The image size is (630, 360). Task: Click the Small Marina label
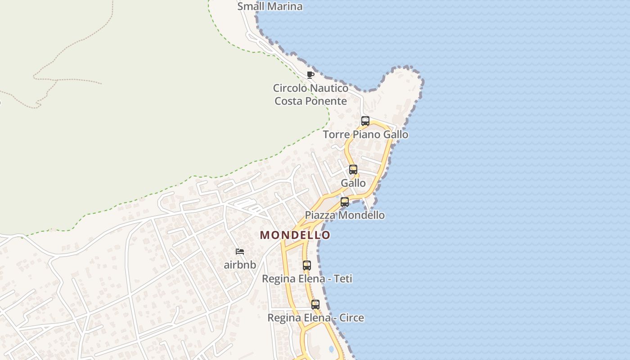pos(270,6)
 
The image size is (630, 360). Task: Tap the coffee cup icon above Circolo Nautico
pos(310,75)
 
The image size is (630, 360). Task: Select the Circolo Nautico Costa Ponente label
pos(310,94)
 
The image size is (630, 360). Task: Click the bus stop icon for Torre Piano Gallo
pos(365,121)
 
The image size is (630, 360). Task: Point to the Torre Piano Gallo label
pos(365,134)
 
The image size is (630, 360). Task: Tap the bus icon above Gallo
pos(353,170)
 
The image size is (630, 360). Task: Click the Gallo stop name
pos(353,183)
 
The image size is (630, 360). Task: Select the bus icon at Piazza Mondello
pos(345,202)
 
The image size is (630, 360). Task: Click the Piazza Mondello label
pos(345,215)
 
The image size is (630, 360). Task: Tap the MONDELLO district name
pos(295,235)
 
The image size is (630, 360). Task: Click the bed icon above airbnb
pos(240,252)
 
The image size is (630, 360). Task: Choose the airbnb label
pos(240,265)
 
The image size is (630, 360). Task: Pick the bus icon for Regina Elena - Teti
pos(307,265)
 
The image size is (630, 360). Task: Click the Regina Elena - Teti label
pos(307,279)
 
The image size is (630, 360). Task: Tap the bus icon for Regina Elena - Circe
pos(315,305)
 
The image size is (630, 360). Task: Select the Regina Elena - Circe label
pos(315,318)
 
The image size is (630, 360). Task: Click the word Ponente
pos(328,101)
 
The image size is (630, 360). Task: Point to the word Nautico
pos(329,88)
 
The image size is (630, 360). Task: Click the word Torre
pos(337,134)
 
